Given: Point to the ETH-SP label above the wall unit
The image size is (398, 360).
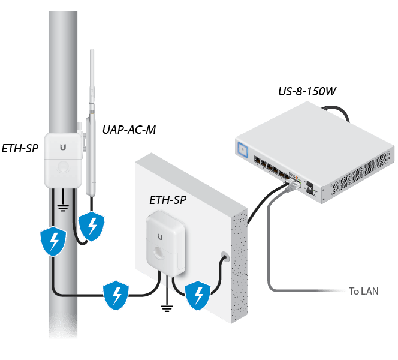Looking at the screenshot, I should (168, 199).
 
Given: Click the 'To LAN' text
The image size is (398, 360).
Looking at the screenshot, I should (366, 292).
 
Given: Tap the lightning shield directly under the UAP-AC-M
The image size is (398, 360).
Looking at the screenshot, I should (92, 226).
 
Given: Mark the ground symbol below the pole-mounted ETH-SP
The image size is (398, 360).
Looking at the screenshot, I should (62, 211).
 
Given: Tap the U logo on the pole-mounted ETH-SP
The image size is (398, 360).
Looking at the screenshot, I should (63, 145).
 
